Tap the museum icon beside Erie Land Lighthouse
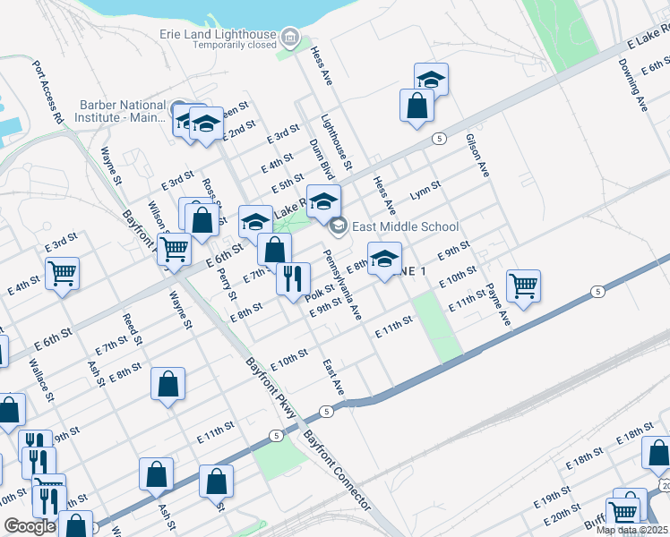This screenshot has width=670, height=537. pyautogui.click(x=289, y=38)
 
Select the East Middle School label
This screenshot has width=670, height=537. pyautogui.click(x=405, y=226)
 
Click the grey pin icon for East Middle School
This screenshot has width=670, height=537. pyautogui.click(x=338, y=226)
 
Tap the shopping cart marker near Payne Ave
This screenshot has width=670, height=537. pyautogui.click(x=523, y=286)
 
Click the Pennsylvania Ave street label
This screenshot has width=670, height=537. pyautogui.click(x=342, y=286)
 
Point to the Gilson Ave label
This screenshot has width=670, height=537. pyautogui.click(x=477, y=155)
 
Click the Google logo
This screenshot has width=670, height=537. pyautogui.click(x=30, y=526)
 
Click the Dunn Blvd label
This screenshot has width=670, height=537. pyautogui.click(x=322, y=158)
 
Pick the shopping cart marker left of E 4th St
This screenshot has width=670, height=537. pyautogui.click(x=62, y=273)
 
